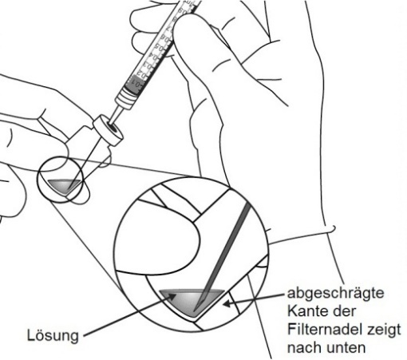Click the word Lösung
53,335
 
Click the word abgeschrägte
336,294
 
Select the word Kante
306,311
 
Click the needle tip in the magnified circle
195,311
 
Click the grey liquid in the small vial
65,185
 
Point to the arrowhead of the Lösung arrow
172,296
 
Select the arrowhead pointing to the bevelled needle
227,303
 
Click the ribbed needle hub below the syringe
126,99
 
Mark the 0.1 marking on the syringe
137,85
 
